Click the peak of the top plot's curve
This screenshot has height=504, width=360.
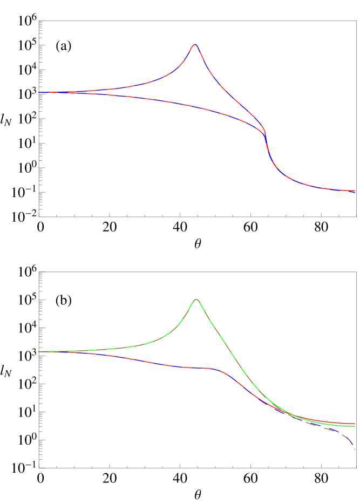[195, 45]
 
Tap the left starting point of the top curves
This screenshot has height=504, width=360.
[39, 92]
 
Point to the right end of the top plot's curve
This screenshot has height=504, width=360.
[354, 191]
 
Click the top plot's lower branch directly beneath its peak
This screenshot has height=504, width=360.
[195, 106]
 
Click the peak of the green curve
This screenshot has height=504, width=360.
[196, 299]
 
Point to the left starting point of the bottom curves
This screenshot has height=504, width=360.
[39, 351]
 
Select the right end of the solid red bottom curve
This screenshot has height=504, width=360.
[354, 424]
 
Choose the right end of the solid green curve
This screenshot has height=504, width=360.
[354, 426]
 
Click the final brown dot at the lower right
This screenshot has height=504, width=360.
[354, 448]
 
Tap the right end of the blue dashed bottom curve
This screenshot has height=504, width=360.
[351, 442]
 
